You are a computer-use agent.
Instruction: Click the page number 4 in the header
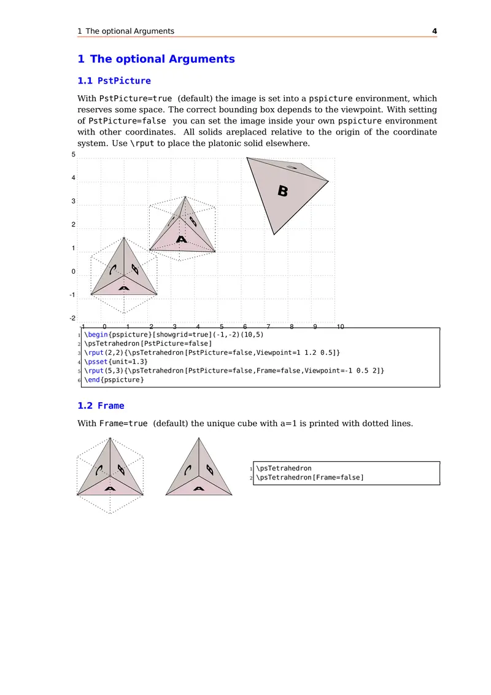tap(435, 31)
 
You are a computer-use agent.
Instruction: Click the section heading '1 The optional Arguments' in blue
tap(156, 59)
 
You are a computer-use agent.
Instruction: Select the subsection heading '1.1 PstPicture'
tap(114, 80)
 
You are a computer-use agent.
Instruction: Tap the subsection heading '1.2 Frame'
tap(101, 406)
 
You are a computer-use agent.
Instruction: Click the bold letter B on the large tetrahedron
tap(282, 192)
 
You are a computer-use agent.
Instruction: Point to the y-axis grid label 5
tap(74, 155)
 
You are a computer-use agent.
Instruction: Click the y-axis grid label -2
tap(72, 318)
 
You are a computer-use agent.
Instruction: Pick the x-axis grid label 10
tap(340, 327)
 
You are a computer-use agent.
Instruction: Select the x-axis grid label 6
tap(245, 327)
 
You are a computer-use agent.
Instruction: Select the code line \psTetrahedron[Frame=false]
tap(310, 478)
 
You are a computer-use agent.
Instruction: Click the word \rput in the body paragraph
tap(144, 144)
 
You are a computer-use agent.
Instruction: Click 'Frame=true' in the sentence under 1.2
tap(123, 424)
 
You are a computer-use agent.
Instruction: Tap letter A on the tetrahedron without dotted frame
tap(199, 489)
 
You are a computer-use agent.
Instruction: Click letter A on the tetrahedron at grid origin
tap(124, 288)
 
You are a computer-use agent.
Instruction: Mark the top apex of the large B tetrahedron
tap(247, 158)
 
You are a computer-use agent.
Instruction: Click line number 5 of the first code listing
tap(80, 371)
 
